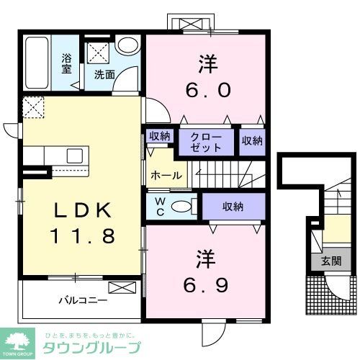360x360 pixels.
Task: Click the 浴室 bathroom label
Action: pos(67,63)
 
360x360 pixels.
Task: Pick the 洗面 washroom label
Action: pos(104,73)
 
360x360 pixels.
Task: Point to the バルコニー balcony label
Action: pos(83,299)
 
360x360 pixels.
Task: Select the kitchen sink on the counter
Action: pos(76,156)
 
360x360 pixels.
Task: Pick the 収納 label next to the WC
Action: pos(233,206)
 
